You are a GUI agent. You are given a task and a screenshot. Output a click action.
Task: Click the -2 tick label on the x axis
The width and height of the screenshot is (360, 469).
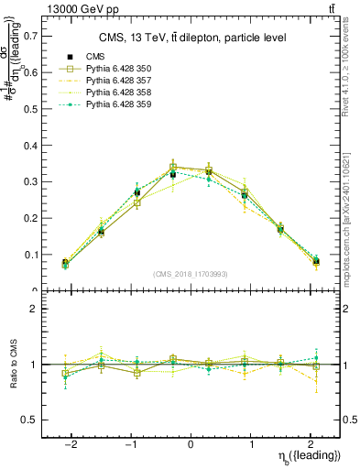pos(71,442)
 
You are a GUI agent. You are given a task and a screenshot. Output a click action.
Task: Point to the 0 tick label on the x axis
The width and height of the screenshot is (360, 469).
pos(191,442)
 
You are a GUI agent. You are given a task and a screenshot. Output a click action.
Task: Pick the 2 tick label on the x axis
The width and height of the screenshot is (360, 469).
pos(310,442)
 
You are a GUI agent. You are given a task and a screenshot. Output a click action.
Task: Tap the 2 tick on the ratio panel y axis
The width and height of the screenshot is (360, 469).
pos(33,310)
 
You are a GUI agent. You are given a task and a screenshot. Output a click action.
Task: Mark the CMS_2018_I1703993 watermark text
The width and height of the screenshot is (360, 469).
pos(191,275)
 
